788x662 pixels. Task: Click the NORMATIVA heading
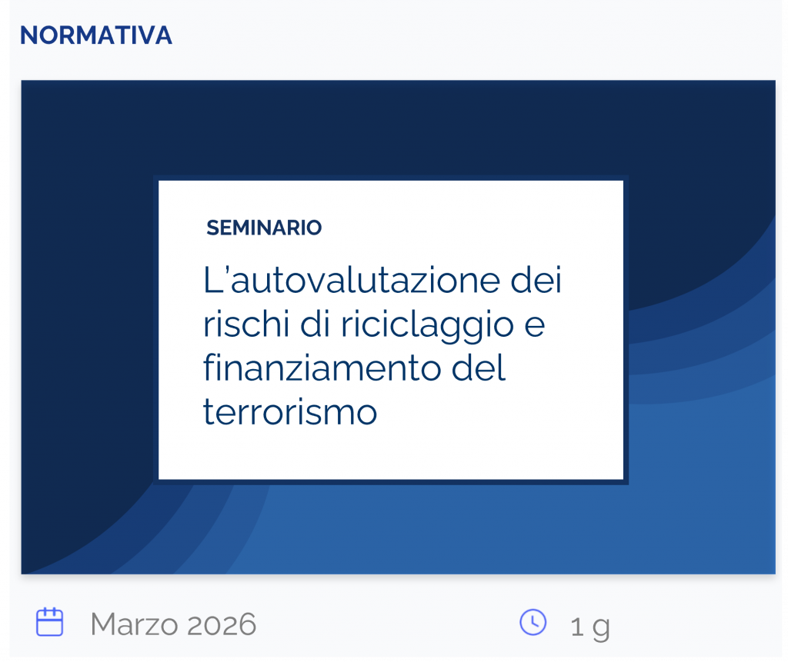(x=95, y=35)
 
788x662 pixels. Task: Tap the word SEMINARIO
(x=264, y=228)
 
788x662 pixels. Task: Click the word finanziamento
(x=317, y=368)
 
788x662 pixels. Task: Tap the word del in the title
(x=480, y=368)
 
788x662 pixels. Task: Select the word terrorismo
(x=290, y=412)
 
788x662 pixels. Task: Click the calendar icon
(x=50, y=622)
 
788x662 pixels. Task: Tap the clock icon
(x=533, y=622)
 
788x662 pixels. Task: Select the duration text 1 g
(x=590, y=627)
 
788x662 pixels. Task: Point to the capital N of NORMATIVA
(x=28, y=35)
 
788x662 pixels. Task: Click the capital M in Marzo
(x=103, y=624)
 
